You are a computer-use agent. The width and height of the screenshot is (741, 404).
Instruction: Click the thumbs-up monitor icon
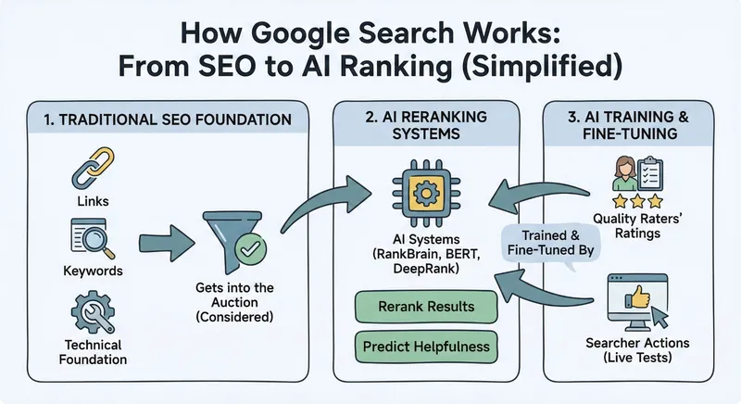tap(634, 303)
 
